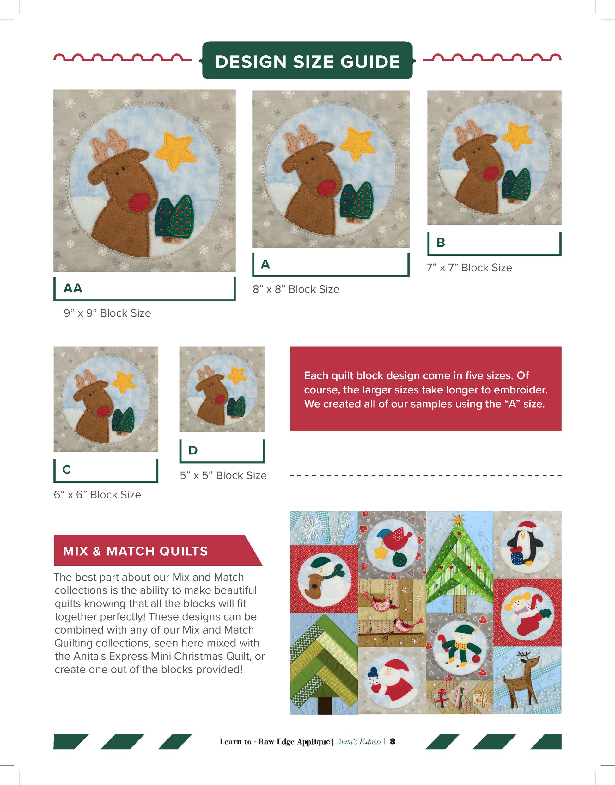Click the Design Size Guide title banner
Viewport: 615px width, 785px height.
307,60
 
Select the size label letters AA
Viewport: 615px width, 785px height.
73,288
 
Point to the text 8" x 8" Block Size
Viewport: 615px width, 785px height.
296,289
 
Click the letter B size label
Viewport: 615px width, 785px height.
441,243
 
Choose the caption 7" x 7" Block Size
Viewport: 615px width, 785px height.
469,268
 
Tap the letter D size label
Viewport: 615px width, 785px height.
193,450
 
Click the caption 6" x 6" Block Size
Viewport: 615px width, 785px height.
97,495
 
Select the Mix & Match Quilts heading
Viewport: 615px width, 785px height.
135,551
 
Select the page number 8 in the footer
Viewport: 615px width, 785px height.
393,741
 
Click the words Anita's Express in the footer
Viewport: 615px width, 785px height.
359,741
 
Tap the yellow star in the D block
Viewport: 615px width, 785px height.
237,375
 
